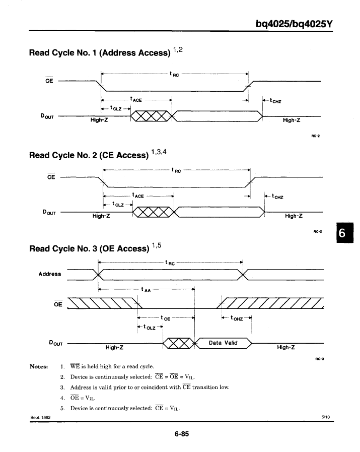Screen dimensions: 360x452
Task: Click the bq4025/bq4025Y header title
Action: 294,24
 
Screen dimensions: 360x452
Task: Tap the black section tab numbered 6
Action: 345,233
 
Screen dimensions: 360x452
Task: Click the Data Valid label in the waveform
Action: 223,343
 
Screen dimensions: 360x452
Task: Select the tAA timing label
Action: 146,289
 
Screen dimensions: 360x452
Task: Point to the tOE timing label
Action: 165,318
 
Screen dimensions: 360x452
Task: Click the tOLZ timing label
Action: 150,327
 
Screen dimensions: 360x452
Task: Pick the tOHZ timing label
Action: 237,318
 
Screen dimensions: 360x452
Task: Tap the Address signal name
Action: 50,274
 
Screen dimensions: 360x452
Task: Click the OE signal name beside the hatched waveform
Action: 58,304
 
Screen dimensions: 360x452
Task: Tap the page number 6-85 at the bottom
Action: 182,434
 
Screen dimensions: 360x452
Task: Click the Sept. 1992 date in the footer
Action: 40,417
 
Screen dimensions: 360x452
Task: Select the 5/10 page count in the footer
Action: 326,417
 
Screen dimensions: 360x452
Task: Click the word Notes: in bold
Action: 39,367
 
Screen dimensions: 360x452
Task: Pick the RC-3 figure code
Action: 320,359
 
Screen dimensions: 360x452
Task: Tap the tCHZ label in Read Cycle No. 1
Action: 275,101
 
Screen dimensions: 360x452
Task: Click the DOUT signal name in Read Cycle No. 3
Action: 55,343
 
